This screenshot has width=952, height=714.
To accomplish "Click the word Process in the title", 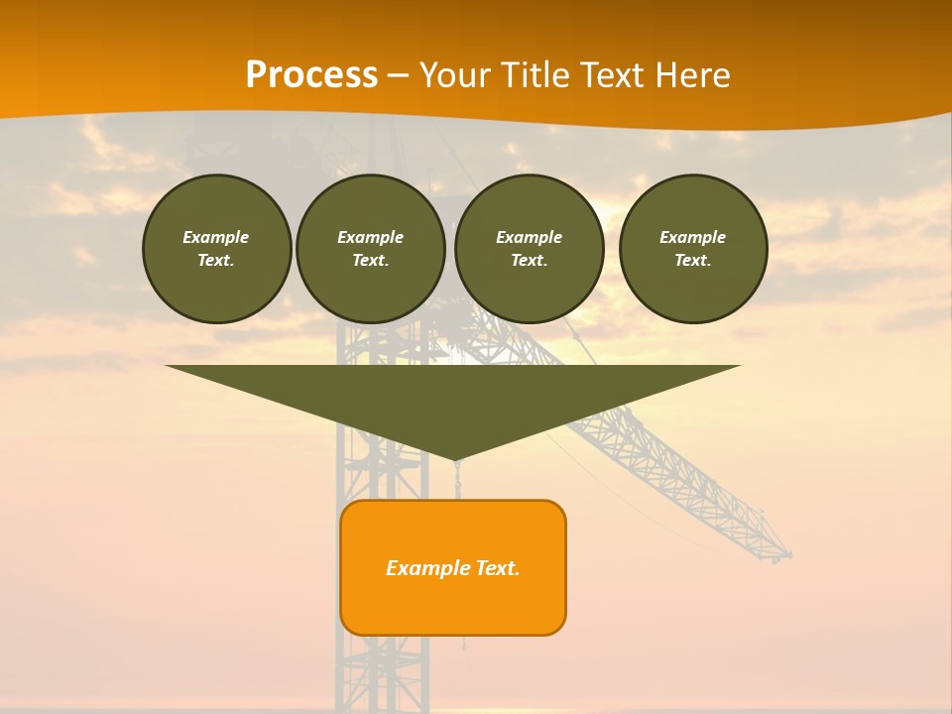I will point(311,75).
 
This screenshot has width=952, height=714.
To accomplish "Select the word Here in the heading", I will point(692,75).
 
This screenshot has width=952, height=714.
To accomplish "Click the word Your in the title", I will point(452,75).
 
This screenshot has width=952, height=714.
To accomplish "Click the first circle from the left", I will point(217,249).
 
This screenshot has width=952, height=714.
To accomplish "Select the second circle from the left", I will point(371,249).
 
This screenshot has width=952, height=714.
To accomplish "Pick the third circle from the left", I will point(530,249).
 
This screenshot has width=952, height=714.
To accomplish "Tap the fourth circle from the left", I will point(693,249).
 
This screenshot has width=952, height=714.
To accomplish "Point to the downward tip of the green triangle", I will point(455,459).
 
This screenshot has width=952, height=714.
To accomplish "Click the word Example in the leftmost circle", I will point(216,237).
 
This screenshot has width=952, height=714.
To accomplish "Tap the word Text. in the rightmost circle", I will point(693,261).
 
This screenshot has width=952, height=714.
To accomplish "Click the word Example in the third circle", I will point(530,237).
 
